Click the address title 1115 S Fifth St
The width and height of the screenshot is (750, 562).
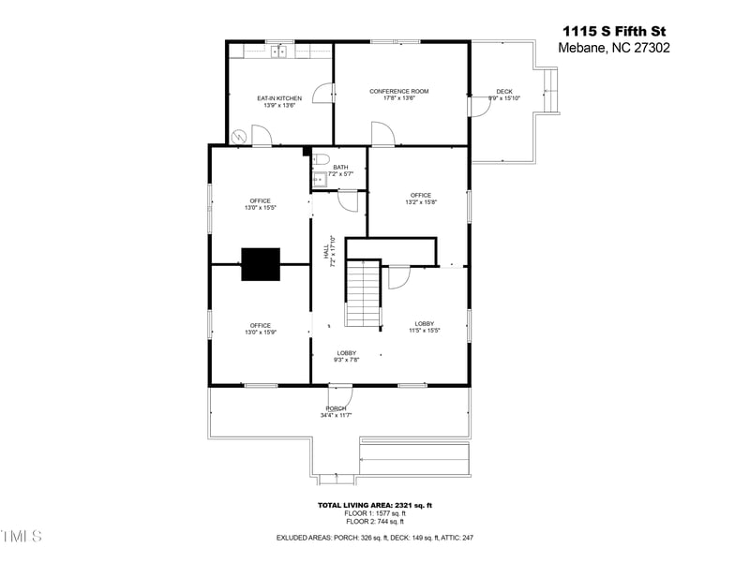click(614, 30)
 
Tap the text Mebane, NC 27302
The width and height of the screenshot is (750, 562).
click(614, 48)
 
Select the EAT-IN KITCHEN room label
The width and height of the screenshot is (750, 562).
click(279, 101)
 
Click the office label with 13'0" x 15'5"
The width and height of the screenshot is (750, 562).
click(260, 204)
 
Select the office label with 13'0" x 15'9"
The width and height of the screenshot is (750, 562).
click(260, 329)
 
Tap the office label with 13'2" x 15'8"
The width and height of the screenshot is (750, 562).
click(421, 199)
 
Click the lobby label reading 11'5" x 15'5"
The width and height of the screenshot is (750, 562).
click(425, 327)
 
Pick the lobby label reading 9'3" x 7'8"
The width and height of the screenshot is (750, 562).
click(347, 356)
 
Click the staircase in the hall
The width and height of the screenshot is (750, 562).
click(363, 294)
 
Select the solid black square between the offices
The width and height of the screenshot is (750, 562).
click(261, 264)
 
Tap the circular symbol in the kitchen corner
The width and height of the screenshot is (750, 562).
click(239, 136)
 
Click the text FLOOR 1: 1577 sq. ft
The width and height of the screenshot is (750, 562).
click(374, 513)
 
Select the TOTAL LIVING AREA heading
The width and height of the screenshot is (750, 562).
click(374, 505)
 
